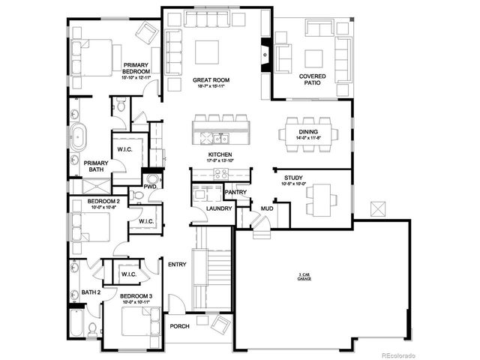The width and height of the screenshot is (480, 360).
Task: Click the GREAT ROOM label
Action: tap(211, 79)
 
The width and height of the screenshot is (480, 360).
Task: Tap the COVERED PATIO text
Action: tap(312, 79)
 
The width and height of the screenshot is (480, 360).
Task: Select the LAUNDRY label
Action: tap(209, 208)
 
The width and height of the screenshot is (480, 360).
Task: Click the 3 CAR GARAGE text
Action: tap(304, 277)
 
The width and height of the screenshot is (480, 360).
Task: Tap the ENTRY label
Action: tap(177, 264)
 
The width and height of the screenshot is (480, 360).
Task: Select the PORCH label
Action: tap(178, 326)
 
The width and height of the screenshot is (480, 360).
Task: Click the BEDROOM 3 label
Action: tap(136, 297)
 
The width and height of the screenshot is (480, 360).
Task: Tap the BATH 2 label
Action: tap(91, 292)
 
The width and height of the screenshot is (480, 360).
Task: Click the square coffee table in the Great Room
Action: tap(207, 52)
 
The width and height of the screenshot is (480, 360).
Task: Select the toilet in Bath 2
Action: tap(91, 328)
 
